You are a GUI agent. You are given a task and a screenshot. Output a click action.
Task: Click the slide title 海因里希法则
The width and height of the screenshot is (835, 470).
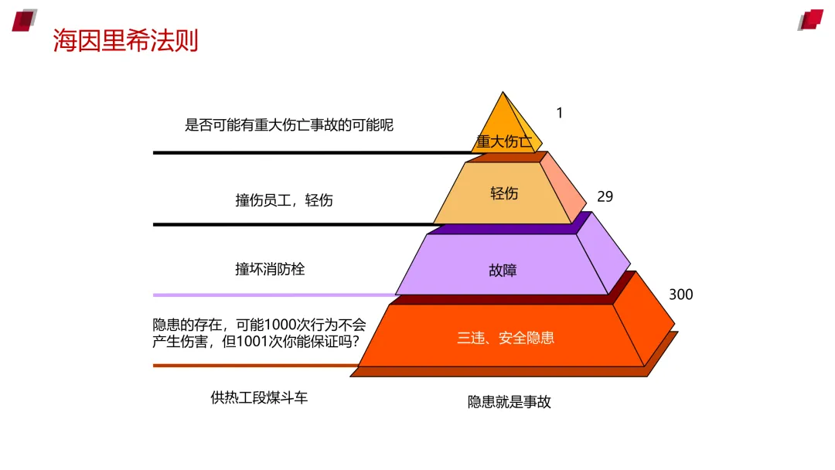point(126,40)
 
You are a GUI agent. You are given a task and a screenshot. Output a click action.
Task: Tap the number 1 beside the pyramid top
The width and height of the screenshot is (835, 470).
point(560,113)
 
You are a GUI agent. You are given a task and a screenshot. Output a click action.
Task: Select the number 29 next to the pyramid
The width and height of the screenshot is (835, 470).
point(605,196)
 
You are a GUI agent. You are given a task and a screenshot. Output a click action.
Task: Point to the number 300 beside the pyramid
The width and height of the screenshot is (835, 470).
point(680,295)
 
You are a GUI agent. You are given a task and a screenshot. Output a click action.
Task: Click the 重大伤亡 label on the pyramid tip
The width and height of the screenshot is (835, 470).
point(504,141)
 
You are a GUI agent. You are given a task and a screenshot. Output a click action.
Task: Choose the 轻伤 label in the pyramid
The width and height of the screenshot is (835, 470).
point(504,193)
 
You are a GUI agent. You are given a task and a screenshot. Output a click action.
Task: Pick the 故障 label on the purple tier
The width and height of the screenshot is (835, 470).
point(503,271)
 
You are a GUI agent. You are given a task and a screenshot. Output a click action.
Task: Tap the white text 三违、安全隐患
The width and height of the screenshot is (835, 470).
point(506,338)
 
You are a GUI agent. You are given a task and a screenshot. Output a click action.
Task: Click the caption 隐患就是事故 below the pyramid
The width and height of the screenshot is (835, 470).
point(509,402)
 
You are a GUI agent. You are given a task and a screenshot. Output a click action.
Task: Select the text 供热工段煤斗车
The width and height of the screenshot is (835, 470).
point(259,398)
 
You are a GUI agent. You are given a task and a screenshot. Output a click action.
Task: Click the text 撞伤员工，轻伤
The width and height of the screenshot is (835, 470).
point(284,200)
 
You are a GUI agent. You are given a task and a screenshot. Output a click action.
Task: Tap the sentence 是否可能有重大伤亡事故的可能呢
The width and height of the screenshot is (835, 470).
point(289,124)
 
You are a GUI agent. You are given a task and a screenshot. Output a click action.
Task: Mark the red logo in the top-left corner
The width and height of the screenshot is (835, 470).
point(24,19)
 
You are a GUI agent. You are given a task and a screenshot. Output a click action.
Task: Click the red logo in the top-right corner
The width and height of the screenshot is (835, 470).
point(811,19)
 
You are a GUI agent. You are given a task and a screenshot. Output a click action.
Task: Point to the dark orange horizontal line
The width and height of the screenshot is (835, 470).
point(255,366)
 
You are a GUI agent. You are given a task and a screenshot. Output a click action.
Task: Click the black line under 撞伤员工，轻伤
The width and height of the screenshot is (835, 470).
point(294,224)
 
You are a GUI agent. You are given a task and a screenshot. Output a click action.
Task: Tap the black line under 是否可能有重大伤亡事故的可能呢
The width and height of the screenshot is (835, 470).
point(309,153)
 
